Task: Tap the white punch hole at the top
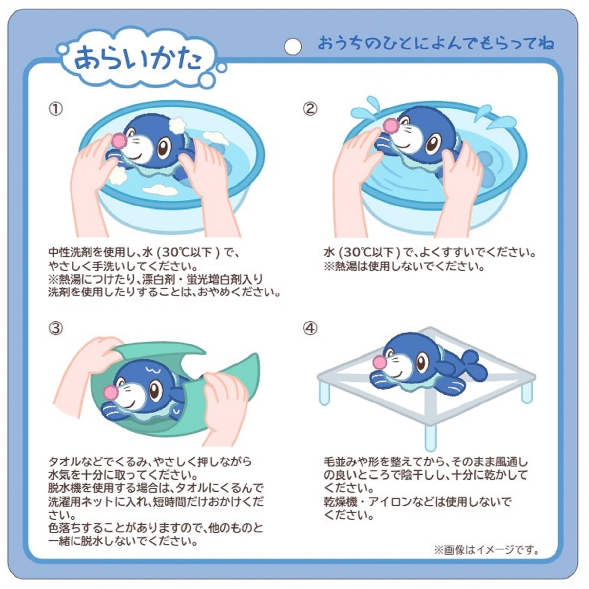click(293, 47)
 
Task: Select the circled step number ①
click(55, 109)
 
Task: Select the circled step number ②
click(310, 109)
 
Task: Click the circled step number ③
click(55, 328)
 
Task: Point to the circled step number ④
click(310, 328)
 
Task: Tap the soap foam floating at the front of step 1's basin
click(160, 190)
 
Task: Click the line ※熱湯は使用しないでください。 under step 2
click(404, 267)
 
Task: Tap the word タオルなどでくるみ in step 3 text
click(98, 461)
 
